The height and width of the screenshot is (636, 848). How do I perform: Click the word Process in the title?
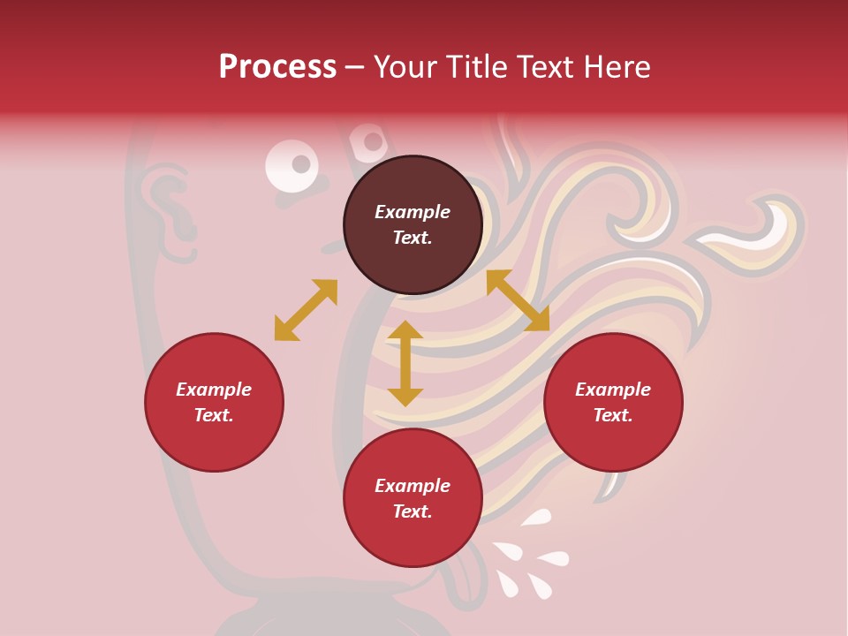pos(277,67)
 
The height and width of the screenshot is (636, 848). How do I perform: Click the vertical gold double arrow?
pos(405,363)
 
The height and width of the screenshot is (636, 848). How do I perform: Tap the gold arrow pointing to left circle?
pos(306,310)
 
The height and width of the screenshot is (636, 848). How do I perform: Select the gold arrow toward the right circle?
pos(518,300)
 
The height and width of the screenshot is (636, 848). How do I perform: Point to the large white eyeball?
pos(291,166)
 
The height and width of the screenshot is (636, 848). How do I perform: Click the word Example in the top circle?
pos(413,212)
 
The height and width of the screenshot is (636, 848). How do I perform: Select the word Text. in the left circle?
pos(214,415)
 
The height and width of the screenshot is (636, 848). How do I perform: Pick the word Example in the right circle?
pos(613,390)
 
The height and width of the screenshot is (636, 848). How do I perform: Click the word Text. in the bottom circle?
pos(413,512)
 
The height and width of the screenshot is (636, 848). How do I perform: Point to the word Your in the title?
pos(407,67)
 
